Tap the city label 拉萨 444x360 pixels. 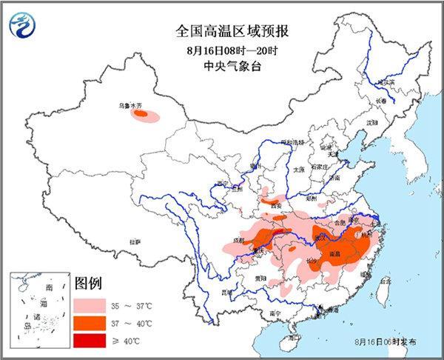pyautogui.click(x=135, y=241)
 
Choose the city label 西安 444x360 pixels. pyautogui.click(x=278, y=207)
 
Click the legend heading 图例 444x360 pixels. pyautogui.click(x=88, y=284)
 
